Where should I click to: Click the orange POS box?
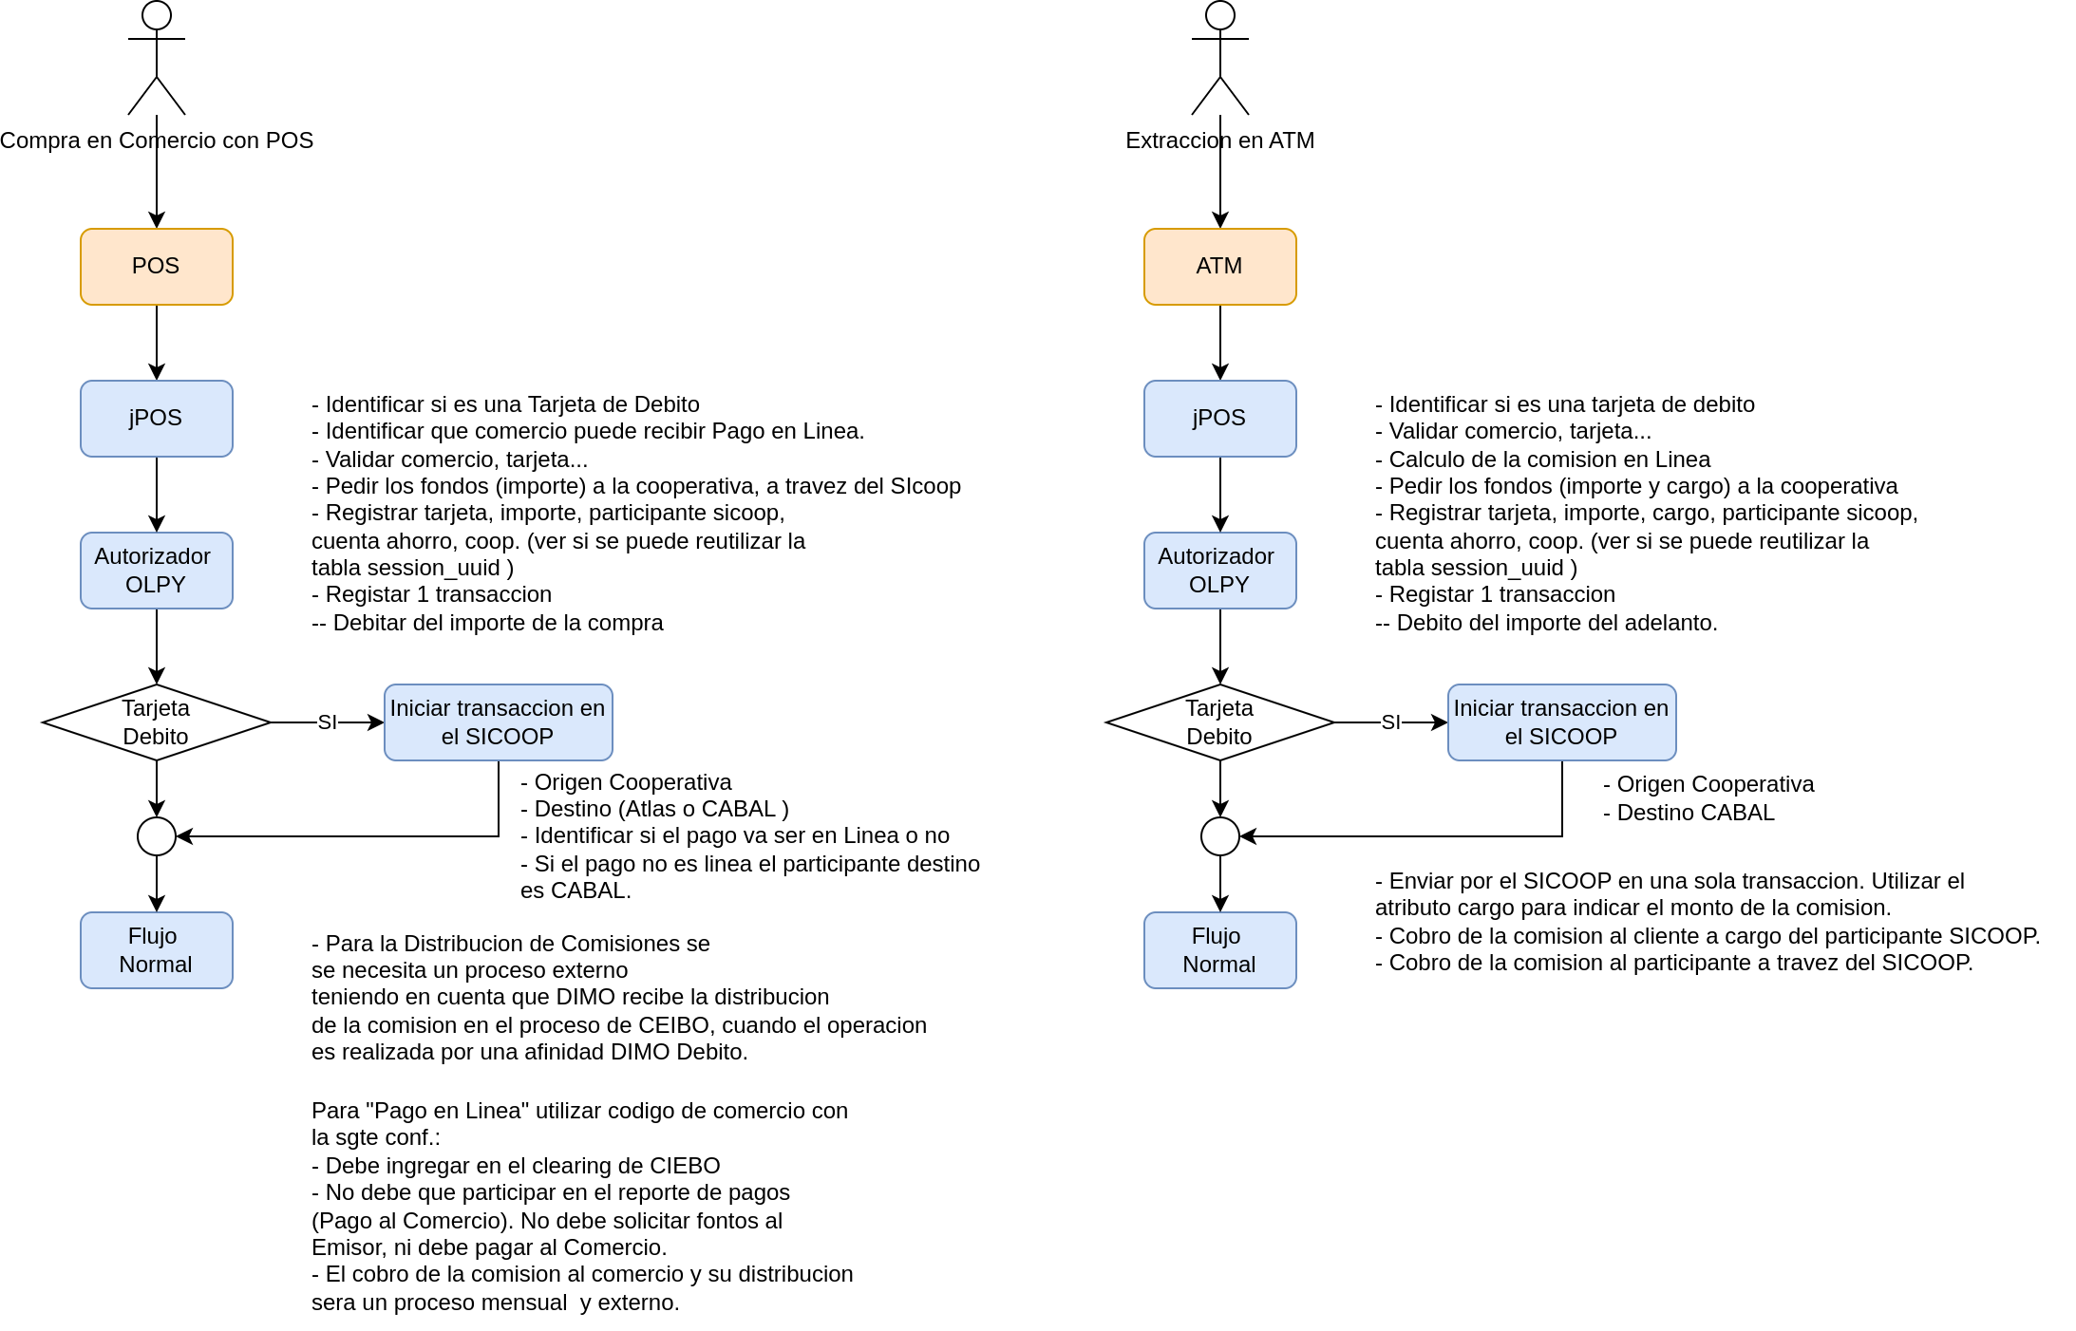[x=157, y=267]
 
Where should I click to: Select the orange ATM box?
[x=1220, y=267]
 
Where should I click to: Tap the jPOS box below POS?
[x=157, y=419]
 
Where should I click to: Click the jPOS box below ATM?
[x=1220, y=419]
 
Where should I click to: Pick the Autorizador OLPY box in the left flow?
[x=157, y=571]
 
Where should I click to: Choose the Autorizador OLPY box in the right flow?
[x=1220, y=571]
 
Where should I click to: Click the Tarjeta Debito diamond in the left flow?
[x=157, y=722]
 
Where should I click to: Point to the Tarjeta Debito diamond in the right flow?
[x=1220, y=722]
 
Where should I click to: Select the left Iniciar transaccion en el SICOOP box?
[x=499, y=722]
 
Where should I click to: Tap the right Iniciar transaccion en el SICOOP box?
[x=1562, y=722]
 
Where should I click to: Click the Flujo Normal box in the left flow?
[x=157, y=950]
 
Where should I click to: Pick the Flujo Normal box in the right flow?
[x=1220, y=950]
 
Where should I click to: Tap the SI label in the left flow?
[x=328, y=722]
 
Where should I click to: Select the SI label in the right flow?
[x=1391, y=722]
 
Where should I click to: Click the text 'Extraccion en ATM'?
[x=1220, y=141]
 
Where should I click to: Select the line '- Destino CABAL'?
[x=1689, y=813]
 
